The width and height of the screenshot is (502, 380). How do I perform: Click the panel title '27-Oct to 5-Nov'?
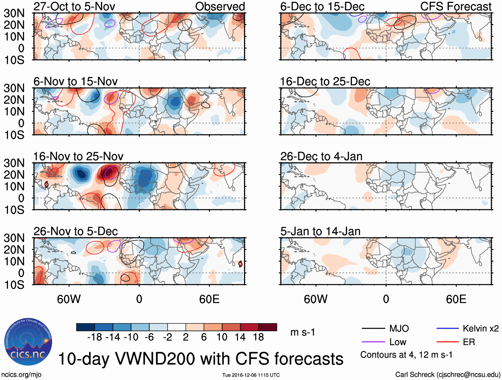[74, 6]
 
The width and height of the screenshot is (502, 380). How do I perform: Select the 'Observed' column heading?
[220, 6]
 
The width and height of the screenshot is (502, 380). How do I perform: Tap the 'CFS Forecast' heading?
[455, 6]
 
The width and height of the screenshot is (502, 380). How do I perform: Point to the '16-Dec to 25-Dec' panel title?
[325, 82]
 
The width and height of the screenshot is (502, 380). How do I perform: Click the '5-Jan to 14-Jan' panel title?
[320, 231]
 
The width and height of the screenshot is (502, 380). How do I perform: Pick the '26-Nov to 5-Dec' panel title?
[75, 231]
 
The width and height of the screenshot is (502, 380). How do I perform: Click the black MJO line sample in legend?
[373, 329]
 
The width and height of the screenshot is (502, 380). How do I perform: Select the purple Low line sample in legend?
[373, 342]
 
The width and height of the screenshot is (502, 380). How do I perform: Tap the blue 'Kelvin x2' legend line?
[447, 329]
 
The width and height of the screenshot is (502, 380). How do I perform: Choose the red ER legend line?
[447, 342]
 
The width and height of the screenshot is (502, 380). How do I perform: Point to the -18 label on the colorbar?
[95, 337]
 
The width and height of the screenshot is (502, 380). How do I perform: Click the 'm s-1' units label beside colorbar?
[303, 332]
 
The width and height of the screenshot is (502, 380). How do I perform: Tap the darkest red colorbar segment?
[268, 327]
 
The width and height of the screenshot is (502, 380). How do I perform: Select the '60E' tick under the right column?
[456, 299]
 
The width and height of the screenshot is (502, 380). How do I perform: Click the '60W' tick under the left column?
[69, 299]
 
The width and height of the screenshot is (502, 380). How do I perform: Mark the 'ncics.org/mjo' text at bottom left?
[21, 375]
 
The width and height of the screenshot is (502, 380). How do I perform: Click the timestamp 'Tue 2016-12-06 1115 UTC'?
[251, 375]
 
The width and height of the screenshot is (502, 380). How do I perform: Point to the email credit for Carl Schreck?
[447, 375]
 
